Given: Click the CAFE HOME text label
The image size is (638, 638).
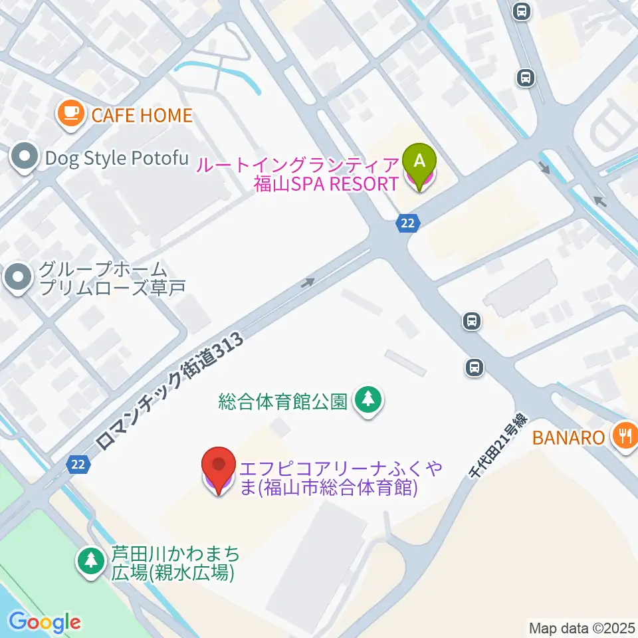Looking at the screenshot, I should [x=142, y=116].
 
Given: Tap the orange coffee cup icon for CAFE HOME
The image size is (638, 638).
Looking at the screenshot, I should [x=70, y=114].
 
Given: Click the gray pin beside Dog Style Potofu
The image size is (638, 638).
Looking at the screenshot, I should [x=25, y=158].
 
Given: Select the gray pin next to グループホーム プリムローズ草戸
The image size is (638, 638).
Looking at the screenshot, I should [x=18, y=278].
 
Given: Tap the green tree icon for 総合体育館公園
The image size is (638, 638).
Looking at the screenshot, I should [x=367, y=401].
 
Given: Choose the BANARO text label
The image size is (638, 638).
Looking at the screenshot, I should [x=569, y=437].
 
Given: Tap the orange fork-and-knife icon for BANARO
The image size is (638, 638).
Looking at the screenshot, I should [x=624, y=436].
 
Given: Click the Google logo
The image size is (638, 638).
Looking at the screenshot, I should [x=45, y=622].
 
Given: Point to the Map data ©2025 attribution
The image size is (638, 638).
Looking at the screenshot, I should [x=582, y=627].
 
